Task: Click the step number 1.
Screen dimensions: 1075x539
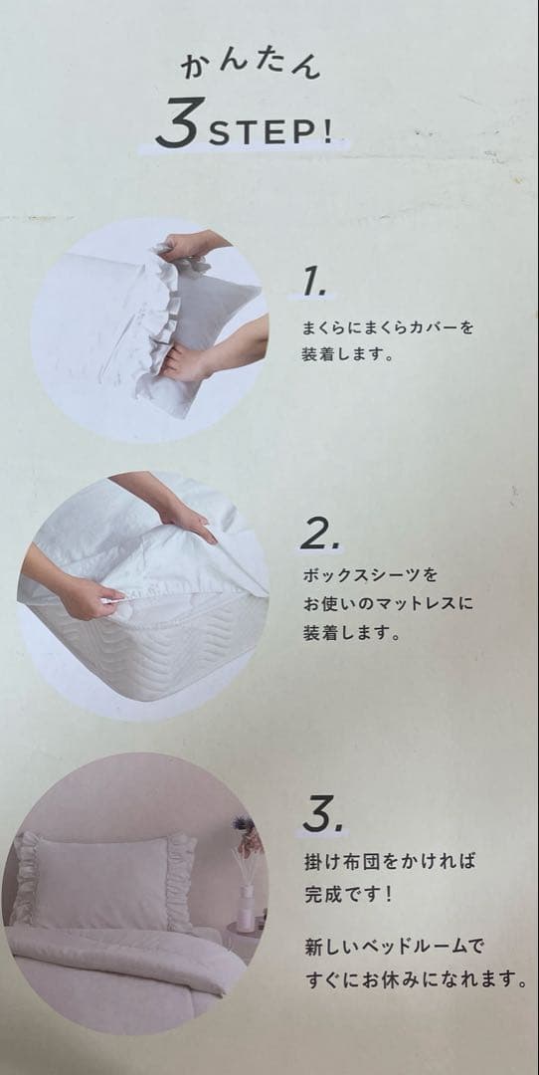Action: pyautogui.click(x=313, y=284)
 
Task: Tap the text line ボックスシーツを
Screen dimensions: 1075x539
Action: pyautogui.click(x=369, y=576)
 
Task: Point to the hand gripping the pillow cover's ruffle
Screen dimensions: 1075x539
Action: pyautogui.click(x=189, y=363)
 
